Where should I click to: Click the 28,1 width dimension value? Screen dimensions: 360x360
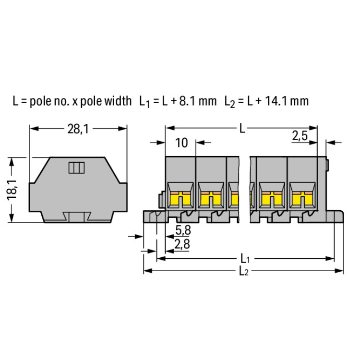(x=78, y=129)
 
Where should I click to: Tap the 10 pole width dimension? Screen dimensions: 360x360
(x=181, y=143)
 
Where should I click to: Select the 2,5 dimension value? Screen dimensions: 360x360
(x=300, y=136)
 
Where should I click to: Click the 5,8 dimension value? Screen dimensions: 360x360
(x=183, y=230)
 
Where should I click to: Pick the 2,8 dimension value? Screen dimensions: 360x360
(x=182, y=244)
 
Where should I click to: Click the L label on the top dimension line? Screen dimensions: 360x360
(x=242, y=128)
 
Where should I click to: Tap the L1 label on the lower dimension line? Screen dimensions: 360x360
(x=245, y=259)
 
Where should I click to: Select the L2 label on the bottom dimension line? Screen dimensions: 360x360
(x=243, y=271)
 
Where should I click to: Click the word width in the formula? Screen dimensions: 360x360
(x=118, y=101)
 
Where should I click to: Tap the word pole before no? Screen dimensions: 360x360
(x=41, y=101)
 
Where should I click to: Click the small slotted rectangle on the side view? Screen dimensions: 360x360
(x=77, y=168)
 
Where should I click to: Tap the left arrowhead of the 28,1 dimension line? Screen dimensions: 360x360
(x=34, y=128)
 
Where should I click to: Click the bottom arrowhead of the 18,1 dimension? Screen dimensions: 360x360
(x=12, y=218)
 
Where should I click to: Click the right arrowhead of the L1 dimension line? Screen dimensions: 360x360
(x=330, y=259)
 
